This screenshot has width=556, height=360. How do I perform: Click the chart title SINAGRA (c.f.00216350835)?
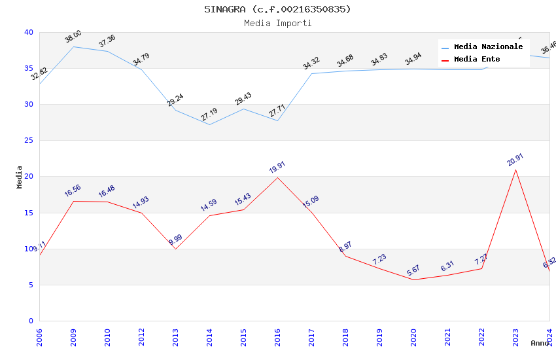[x=277, y=9]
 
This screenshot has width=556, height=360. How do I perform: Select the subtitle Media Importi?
[x=277, y=23]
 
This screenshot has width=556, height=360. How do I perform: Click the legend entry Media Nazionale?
[x=488, y=47]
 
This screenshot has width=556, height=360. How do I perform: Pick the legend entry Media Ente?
[x=477, y=60]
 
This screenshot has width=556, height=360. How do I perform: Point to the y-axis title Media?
[x=20, y=177]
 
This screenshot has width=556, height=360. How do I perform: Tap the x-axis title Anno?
[x=540, y=343]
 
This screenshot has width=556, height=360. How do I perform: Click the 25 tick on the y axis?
[x=29, y=141]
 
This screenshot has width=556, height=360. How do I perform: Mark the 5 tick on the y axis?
[x=31, y=285]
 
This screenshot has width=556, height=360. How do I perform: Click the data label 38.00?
[x=73, y=37]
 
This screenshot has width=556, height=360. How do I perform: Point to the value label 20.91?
[x=515, y=160]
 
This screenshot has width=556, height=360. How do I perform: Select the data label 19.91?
[x=277, y=168]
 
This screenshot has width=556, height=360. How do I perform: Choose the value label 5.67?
[x=413, y=270]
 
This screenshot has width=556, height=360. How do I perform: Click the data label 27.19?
[x=209, y=115]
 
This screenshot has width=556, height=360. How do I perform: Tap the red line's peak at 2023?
[x=515, y=170]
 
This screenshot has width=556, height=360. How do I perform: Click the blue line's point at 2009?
[x=73, y=46]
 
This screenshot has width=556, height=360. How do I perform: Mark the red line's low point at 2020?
[x=413, y=280]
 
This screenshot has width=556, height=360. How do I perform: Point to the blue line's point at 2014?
[x=209, y=124]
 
